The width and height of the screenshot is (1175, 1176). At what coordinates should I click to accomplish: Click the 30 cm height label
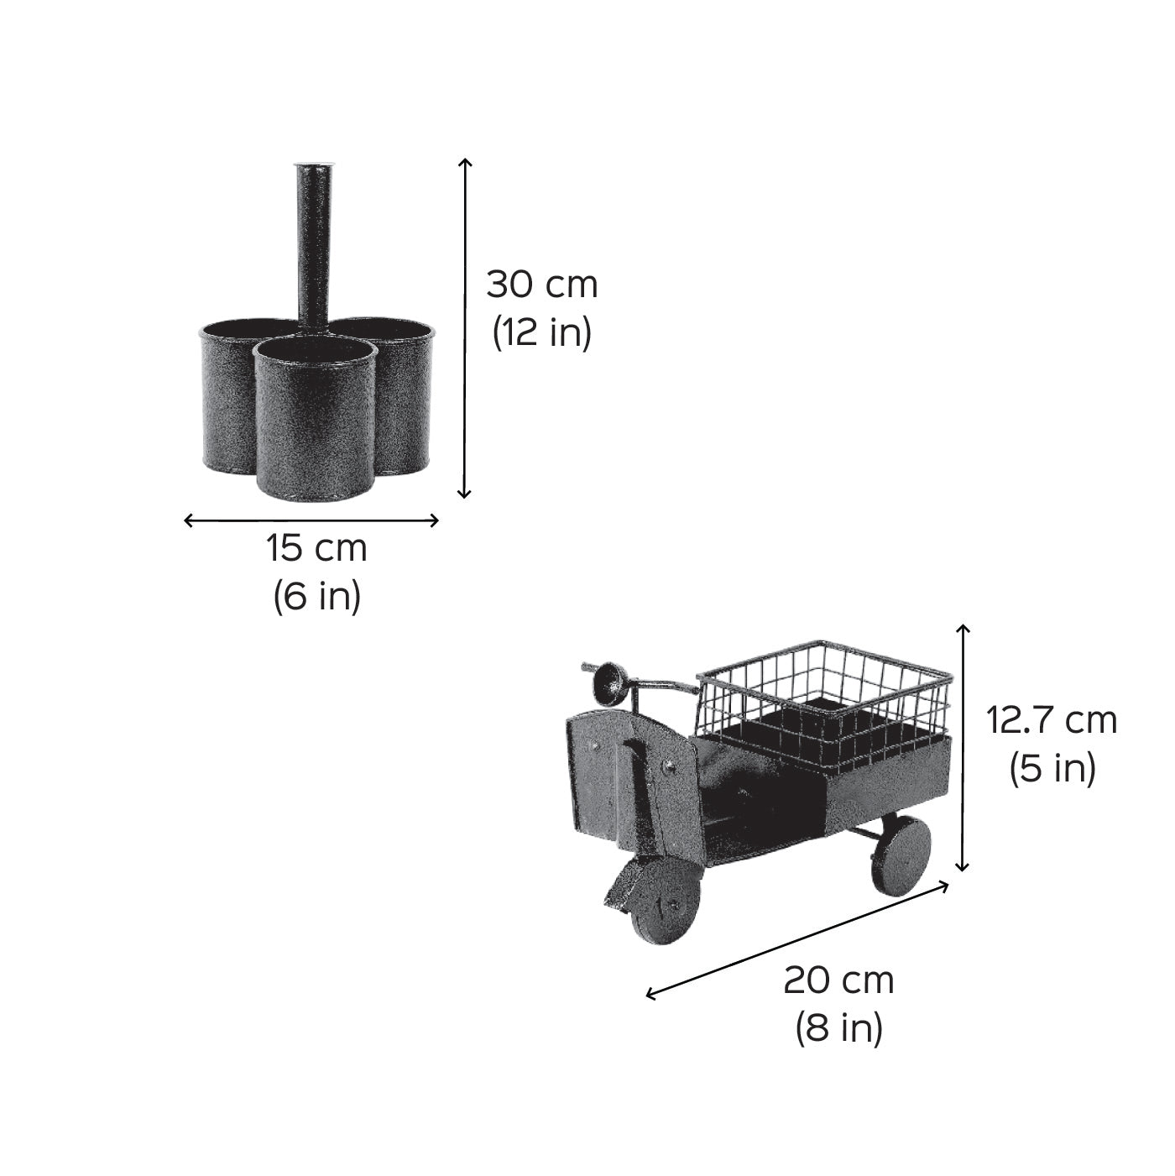542,285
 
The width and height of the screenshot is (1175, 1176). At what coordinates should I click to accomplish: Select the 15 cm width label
316,548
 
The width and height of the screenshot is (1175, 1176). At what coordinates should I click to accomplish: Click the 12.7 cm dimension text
1052,721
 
